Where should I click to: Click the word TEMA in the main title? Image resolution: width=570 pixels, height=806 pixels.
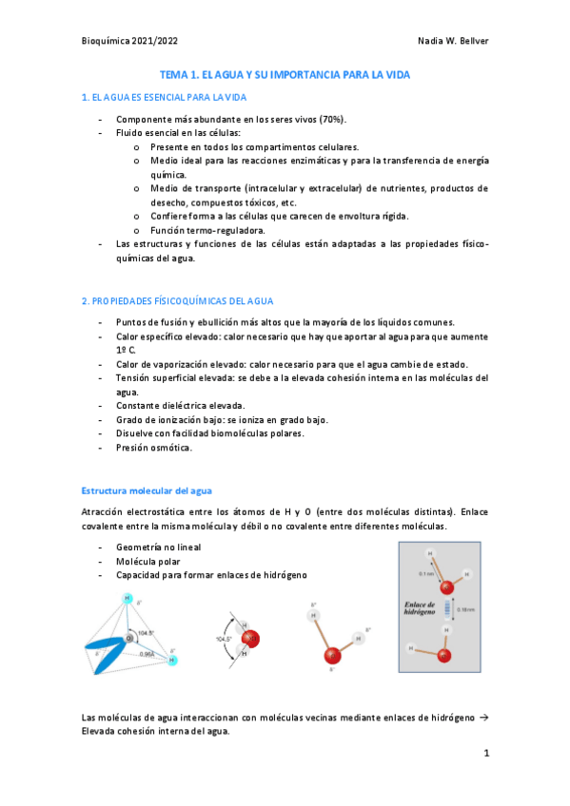coord(173,74)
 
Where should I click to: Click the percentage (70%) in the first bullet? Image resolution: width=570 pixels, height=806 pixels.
coord(331,119)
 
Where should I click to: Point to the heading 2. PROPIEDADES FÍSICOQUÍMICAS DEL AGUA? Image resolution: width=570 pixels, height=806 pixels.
coord(177,301)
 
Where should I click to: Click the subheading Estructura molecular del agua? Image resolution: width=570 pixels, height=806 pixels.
coord(147,490)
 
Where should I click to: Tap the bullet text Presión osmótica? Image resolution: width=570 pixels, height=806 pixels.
coord(154,447)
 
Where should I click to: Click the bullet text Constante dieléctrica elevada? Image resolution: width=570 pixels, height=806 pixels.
coord(180,405)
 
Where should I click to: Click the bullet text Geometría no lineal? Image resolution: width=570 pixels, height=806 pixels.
coord(159,548)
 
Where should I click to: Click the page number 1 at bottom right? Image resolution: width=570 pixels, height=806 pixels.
coord(485,753)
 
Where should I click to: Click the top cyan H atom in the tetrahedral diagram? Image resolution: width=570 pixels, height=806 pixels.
coord(127,598)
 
